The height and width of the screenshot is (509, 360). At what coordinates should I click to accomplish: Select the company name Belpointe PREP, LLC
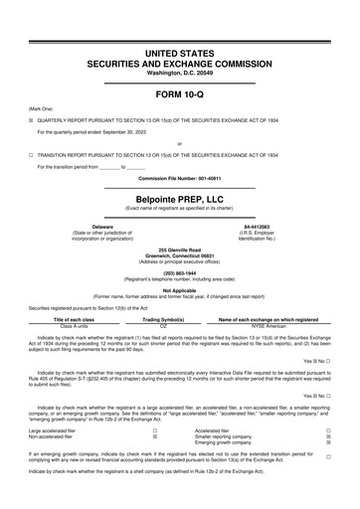pyautogui.click(x=179, y=199)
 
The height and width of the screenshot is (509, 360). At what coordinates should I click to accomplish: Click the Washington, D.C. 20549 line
pyautogui.click(x=179, y=72)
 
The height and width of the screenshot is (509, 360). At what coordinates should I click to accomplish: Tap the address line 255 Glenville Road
pyautogui.click(x=179, y=250)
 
